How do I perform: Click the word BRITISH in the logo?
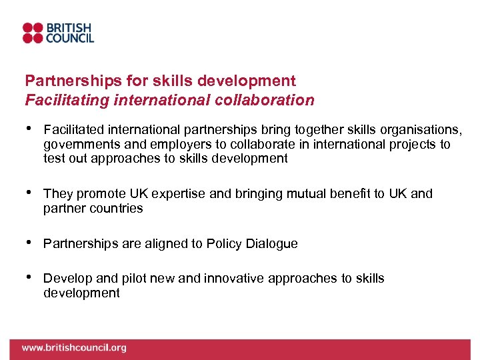(x=69, y=28)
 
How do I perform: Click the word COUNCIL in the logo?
(x=69, y=39)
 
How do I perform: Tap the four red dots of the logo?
(x=33, y=33)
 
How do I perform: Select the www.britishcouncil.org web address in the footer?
(x=73, y=347)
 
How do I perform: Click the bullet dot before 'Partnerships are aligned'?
(x=29, y=243)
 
